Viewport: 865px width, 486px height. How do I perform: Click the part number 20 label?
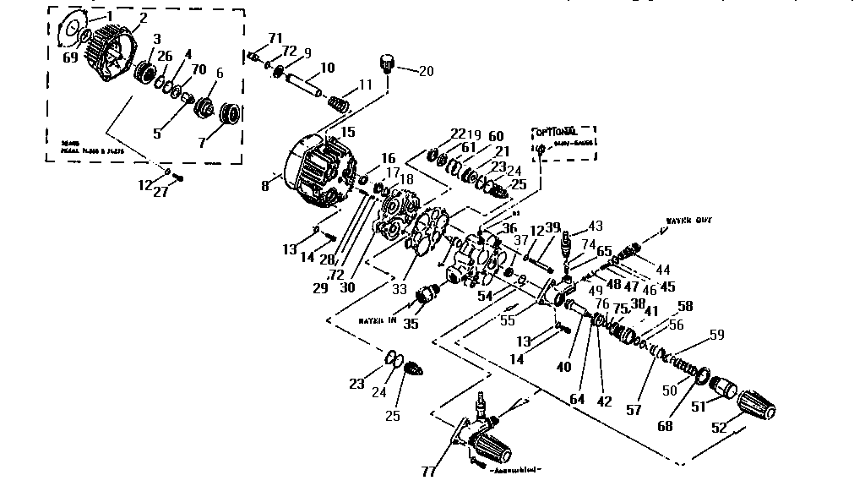pos(426,72)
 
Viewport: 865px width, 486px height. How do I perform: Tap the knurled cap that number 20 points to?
pos(389,63)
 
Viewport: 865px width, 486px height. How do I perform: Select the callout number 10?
pos(327,67)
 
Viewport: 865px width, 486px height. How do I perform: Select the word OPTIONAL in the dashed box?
pos(555,133)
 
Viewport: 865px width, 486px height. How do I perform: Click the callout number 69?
pos(70,57)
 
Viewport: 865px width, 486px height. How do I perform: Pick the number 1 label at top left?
pos(109,15)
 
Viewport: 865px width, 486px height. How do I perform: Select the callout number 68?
pos(666,426)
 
